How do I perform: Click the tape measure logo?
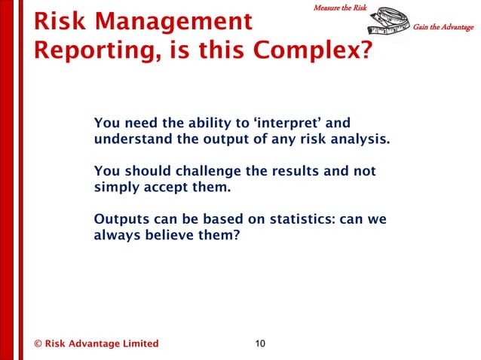click(x=384, y=28)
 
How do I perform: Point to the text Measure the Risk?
click(x=339, y=8)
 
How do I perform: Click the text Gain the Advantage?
click(x=443, y=28)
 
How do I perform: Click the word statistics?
click(x=296, y=220)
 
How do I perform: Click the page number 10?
click(x=259, y=344)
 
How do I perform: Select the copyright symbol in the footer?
click(x=37, y=344)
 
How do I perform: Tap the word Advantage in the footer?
click(x=92, y=344)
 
